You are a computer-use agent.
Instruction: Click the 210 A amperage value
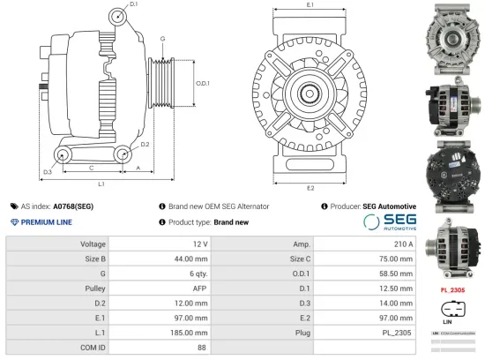(x=402, y=244)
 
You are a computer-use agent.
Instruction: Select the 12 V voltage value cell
(x=199, y=244)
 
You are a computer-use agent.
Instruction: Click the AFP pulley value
(x=200, y=289)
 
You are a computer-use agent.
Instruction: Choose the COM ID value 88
(x=203, y=349)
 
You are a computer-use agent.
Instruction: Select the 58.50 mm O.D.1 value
(x=394, y=274)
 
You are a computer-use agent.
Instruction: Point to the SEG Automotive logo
(x=389, y=221)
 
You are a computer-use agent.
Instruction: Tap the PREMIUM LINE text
(x=46, y=221)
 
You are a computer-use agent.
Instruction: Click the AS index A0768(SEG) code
(x=72, y=206)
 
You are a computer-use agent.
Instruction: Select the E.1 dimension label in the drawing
(x=310, y=6)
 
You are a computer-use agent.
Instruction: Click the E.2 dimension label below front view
(x=310, y=188)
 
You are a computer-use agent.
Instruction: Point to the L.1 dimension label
(x=101, y=184)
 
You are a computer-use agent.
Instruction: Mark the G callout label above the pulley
(x=162, y=39)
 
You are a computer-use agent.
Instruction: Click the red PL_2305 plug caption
(x=452, y=289)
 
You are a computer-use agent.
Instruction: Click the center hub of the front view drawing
(x=310, y=94)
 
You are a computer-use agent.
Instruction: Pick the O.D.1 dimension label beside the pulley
(x=202, y=83)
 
